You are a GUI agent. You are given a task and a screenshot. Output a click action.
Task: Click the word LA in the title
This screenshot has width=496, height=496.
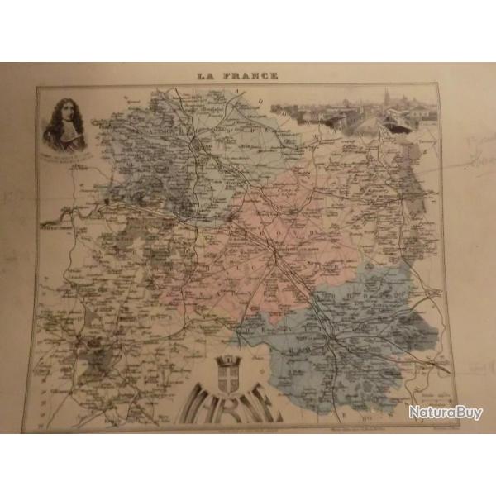click(205, 76)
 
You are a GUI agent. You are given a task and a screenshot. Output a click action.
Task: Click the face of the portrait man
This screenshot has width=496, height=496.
click(64, 117)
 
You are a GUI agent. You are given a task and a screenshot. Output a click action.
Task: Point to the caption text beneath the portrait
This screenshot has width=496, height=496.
click(66, 155)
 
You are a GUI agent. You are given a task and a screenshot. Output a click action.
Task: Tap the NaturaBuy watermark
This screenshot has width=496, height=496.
click(445, 412)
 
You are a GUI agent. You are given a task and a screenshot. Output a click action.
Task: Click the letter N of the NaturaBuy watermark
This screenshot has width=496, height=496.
click(413, 412)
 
